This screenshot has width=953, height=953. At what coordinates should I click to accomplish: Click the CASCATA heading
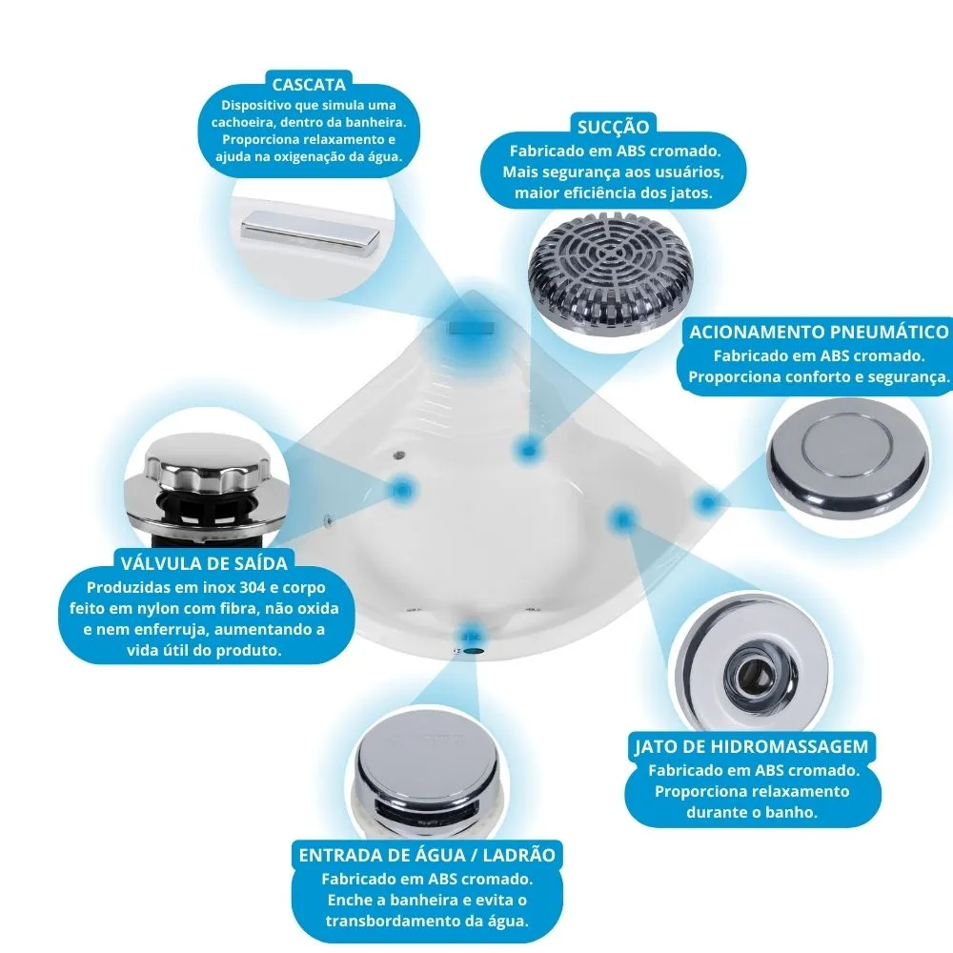tap(308, 84)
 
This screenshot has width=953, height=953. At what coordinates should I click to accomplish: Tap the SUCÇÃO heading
tap(613, 127)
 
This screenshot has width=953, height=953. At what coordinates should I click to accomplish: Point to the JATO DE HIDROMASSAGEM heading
tap(752, 746)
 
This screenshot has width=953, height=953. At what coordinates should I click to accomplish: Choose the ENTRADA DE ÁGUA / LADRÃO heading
tap(427, 854)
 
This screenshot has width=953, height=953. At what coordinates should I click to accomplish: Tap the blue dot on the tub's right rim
tap(706, 501)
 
